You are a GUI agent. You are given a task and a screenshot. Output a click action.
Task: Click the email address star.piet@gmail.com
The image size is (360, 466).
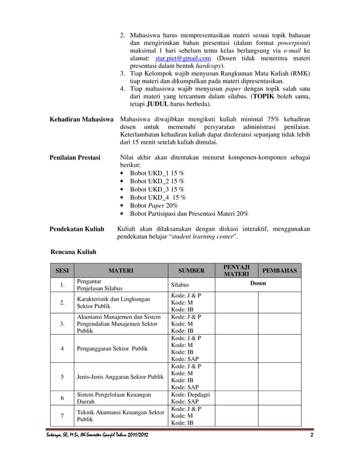183,58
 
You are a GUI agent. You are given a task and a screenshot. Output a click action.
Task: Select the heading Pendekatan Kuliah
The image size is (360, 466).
77,229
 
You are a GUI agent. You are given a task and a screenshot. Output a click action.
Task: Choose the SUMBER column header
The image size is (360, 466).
191,271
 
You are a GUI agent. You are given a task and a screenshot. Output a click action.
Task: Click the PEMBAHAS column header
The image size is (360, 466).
279,271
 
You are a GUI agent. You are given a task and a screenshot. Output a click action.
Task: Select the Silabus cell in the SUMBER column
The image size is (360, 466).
180,285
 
